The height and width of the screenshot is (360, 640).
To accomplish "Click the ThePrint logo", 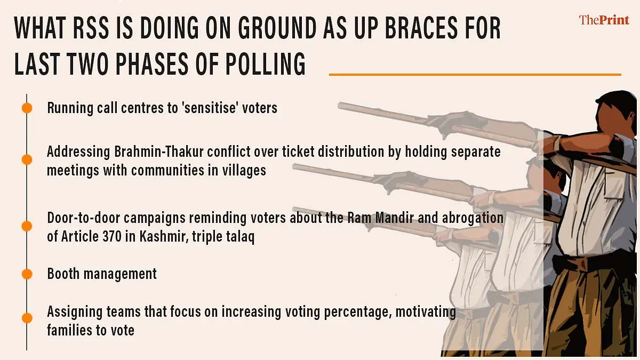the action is coord(604,20).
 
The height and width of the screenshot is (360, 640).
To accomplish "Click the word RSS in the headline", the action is coord(91,28).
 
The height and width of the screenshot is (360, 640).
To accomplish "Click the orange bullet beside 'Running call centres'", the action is coord(27,108).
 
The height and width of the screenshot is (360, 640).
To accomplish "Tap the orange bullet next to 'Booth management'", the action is coord(27,274).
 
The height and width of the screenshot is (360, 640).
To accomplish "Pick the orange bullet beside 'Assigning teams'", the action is coord(27,318).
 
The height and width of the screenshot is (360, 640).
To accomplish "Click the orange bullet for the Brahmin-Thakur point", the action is coord(27,159).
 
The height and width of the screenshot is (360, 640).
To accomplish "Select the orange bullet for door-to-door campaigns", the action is coord(27,226).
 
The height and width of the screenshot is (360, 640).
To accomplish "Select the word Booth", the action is coord(63,274).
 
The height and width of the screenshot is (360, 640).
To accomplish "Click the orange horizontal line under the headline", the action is coord(475,75).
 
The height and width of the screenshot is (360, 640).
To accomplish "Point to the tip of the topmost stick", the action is coord(339,106).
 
